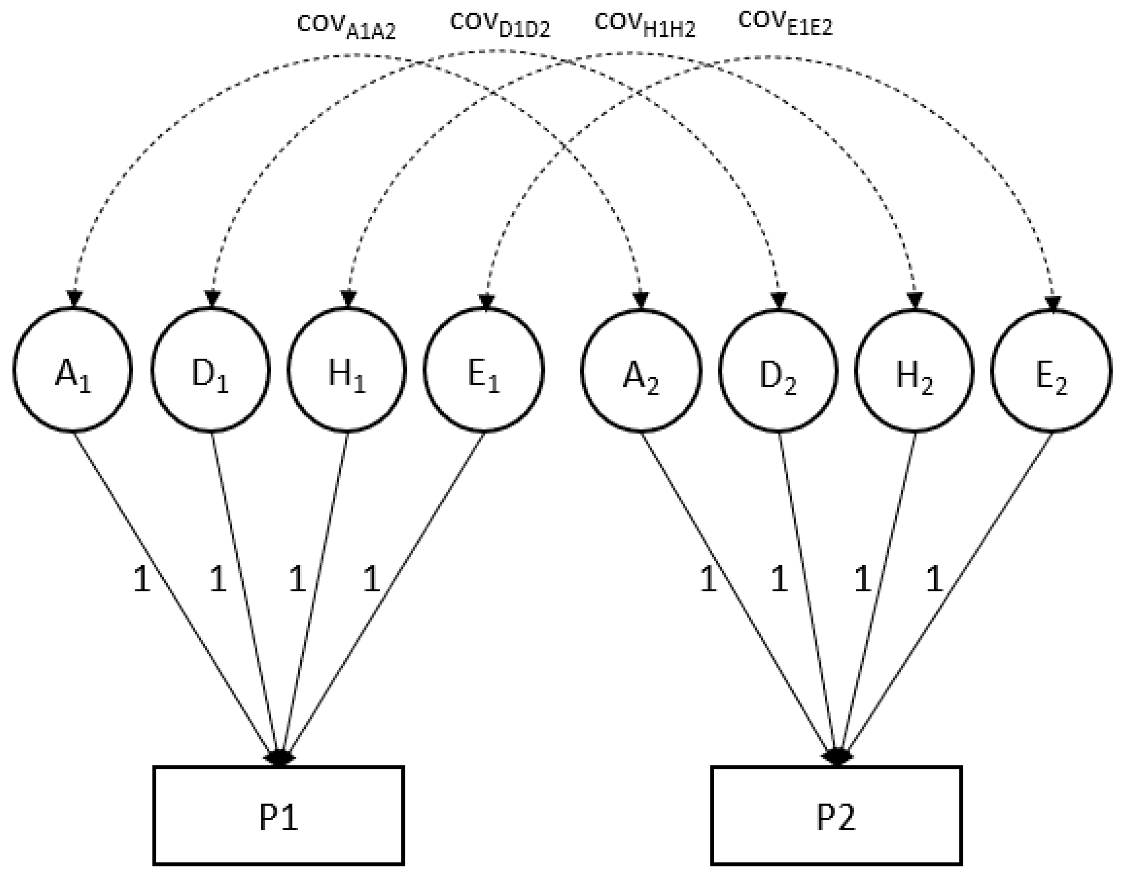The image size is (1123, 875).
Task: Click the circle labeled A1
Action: pos(73,370)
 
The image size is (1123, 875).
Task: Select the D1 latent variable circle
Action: pos(210,370)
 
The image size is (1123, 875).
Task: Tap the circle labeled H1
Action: pos(347,370)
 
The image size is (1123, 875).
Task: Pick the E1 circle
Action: pos(483,370)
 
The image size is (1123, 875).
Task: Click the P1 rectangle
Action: pos(278,816)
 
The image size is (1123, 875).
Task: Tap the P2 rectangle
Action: pos(836,816)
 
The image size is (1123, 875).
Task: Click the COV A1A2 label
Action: pos(347,27)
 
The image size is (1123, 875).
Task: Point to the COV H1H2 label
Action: pos(645,25)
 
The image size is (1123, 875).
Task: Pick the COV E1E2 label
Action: pos(785,23)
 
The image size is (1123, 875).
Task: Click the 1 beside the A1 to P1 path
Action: pos(141,580)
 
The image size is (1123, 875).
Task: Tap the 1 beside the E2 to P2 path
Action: pos(934,580)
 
